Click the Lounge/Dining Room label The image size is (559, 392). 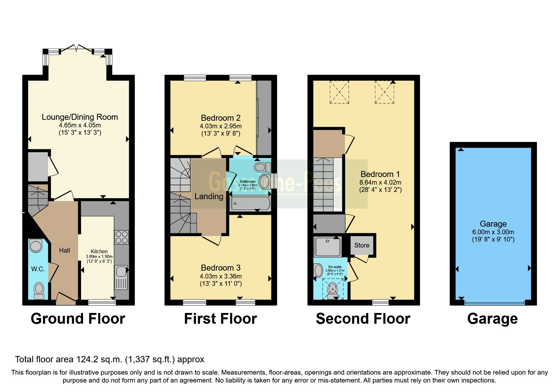[80, 117]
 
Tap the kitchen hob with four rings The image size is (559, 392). [122, 237]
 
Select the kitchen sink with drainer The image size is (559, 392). [121, 277]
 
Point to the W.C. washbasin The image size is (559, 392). [36, 246]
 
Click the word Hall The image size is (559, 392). [64, 250]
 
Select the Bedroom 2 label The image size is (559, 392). [221, 118]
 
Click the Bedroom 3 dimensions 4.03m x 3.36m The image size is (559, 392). [221, 276]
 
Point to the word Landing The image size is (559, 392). [209, 196]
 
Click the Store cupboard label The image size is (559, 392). [362, 245]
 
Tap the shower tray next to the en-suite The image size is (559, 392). [328, 246]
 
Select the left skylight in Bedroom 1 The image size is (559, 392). [339, 92]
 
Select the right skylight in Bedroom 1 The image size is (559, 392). [384, 92]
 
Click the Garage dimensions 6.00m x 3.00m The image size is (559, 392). [493, 232]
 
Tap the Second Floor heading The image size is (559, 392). [363, 319]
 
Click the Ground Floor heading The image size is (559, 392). [78, 319]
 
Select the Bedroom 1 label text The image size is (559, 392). [380, 174]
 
